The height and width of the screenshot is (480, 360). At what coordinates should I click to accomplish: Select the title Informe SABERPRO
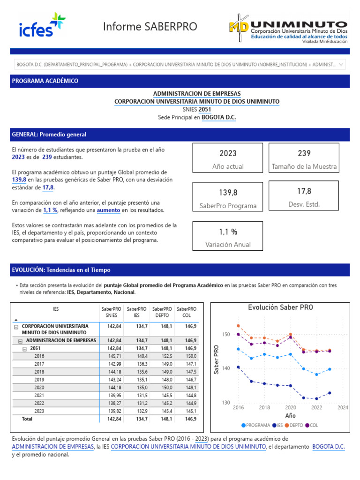coord(150,27)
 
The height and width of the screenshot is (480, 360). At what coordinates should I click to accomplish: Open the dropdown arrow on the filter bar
coord(341,64)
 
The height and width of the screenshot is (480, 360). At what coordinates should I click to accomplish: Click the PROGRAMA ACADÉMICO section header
coord(45,81)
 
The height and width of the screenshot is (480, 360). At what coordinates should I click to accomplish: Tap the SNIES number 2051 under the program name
coord(204,109)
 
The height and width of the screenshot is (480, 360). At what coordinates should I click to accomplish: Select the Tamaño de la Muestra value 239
coord(304,153)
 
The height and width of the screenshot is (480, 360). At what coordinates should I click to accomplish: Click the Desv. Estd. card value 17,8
coord(304,191)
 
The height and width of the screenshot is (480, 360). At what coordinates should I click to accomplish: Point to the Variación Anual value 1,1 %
coord(228,232)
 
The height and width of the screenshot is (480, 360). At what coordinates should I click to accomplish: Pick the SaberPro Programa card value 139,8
coord(228,193)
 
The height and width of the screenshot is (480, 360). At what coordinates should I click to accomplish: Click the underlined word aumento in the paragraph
coord(108,210)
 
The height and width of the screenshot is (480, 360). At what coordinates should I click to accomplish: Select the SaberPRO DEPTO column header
coord(162,313)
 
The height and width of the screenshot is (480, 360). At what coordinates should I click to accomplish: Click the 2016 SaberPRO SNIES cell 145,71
coord(114,356)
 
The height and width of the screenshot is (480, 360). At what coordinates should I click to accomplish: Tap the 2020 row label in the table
coord(39,388)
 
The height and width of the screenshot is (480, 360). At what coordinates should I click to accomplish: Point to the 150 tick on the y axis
coord(226,334)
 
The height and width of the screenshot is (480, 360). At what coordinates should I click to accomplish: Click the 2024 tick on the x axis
coord(343,408)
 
